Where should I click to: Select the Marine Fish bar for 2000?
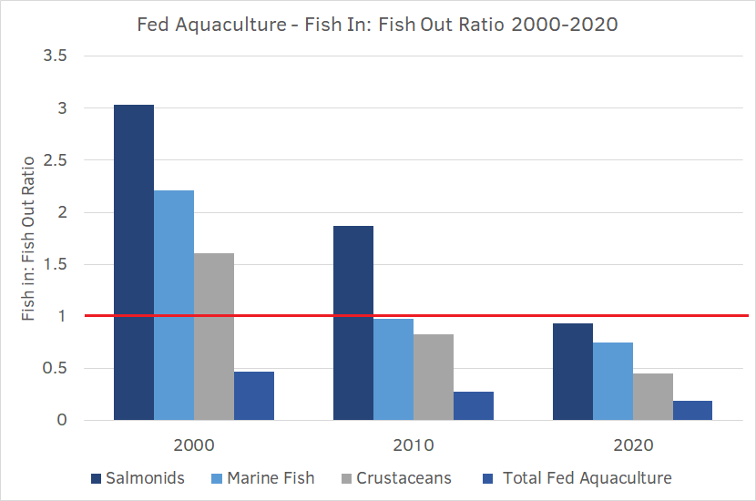pos(174,305)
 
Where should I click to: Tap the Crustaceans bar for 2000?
pos(214,336)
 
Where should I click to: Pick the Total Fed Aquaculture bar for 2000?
pos(254,396)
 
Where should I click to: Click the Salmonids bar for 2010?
pos(353,323)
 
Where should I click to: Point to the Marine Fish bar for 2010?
pos(393,370)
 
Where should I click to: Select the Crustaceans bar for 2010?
pos(434,377)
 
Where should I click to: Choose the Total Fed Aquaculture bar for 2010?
pos(474,406)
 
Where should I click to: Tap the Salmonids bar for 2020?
pos(573,372)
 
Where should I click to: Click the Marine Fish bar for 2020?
pos(613,382)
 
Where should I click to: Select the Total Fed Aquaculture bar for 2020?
pos(693,411)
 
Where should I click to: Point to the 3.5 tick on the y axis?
pos(55,56)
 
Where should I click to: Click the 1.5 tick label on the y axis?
pos(55,264)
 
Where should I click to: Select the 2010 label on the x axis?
pos(413,446)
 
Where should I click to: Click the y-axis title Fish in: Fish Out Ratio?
pos(28,239)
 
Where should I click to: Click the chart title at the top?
pos(377,25)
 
